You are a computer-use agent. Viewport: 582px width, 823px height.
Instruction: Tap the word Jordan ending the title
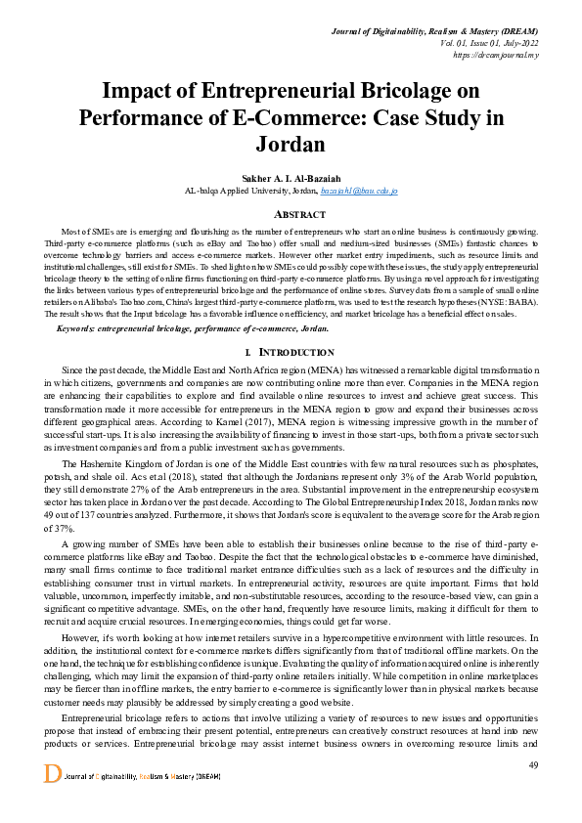point(290,144)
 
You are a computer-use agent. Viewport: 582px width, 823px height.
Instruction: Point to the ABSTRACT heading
point(290,213)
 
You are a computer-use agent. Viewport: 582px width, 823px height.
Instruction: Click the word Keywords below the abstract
point(83,328)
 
